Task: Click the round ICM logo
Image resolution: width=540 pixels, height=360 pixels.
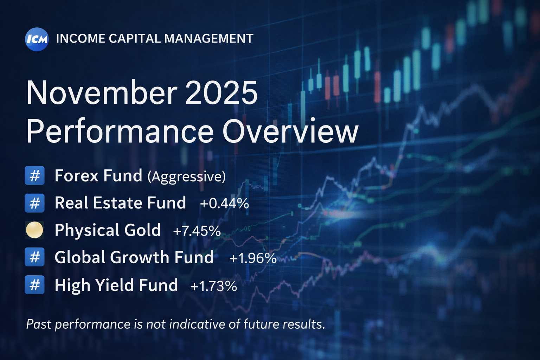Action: [37, 39]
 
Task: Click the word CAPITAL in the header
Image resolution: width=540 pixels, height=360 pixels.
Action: [134, 39]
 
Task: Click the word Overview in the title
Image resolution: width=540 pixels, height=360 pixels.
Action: [290, 132]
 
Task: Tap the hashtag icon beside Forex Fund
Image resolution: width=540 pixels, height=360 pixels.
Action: [34, 175]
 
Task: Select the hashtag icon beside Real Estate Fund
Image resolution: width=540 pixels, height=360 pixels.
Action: [34, 203]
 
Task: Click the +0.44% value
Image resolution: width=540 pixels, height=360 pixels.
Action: [224, 204]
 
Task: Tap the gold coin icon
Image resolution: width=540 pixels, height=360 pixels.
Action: [34, 230]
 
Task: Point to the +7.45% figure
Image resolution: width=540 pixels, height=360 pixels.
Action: [197, 231]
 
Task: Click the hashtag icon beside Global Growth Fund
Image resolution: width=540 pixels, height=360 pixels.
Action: [34, 257]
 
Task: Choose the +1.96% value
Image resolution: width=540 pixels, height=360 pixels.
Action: [253, 258]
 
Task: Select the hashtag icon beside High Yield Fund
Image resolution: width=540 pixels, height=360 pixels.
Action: [34, 285]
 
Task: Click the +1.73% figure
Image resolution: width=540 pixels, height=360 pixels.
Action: [213, 286]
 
